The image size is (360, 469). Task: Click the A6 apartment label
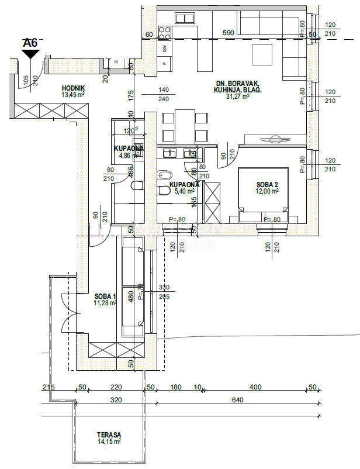click(x=30, y=43)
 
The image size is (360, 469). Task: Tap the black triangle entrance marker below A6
click(x=30, y=54)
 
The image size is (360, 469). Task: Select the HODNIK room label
click(x=74, y=88)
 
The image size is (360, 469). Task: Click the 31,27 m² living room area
click(x=238, y=97)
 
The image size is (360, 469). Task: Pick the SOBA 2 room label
click(x=266, y=184)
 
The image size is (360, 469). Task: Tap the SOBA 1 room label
click(x=105, y=296)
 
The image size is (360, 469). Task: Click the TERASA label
click(x=109, y=435)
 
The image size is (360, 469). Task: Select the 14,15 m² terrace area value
click(x=109, y=442)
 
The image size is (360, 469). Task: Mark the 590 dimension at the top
click(x=229, y=33)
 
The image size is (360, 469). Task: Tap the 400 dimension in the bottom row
click(x=254, y=387)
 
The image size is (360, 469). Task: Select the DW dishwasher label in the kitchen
click(x=165, y=48)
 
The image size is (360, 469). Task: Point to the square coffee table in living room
click(x=262, y=55)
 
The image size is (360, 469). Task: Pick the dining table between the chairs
click(x=185, y=126)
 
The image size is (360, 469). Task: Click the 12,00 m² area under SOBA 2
click(x=266, y=191)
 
